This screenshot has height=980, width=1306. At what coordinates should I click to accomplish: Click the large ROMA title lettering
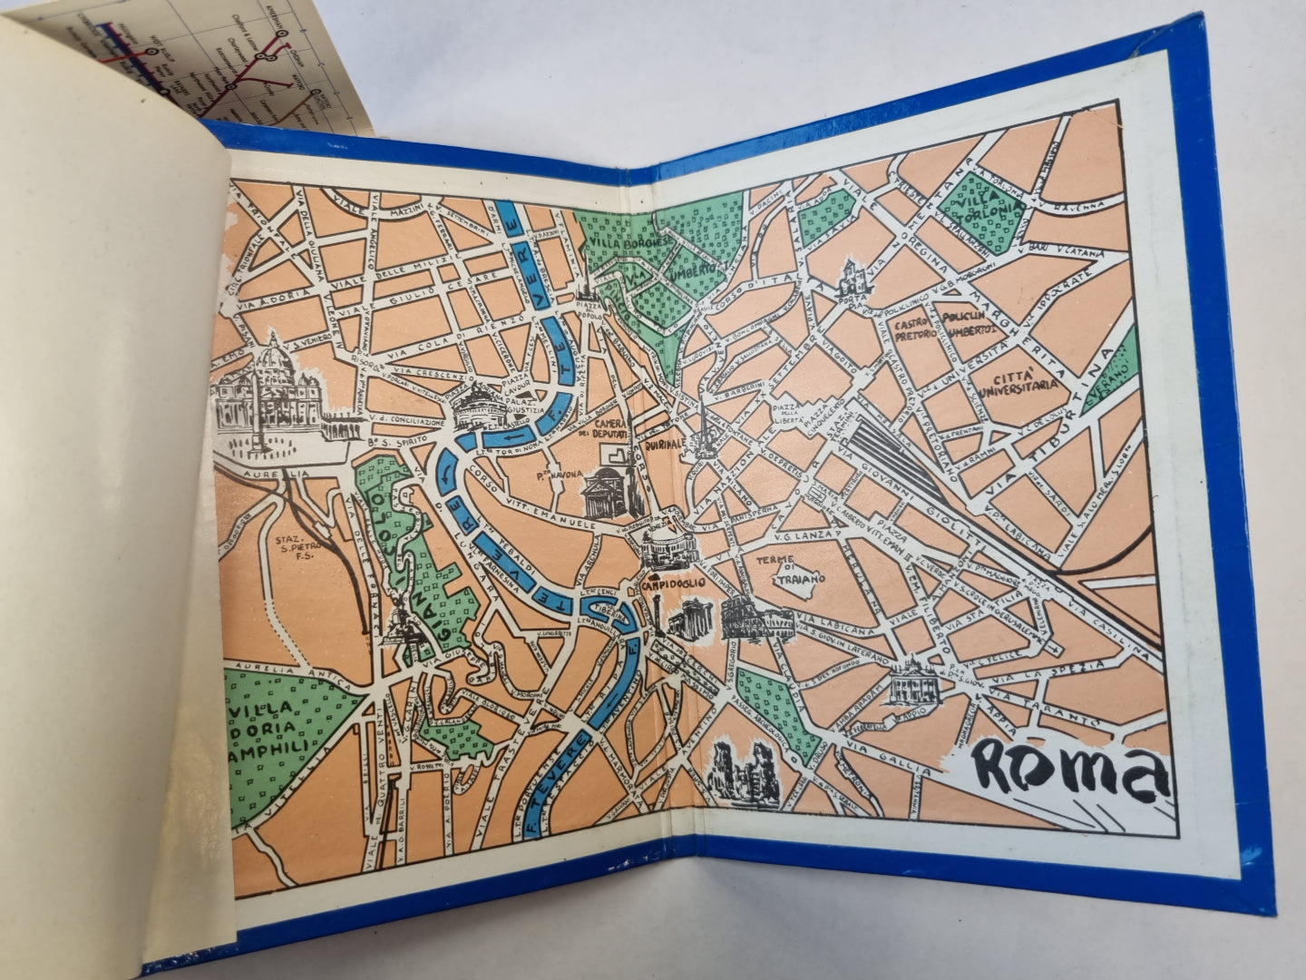[x=1066, y=768]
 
